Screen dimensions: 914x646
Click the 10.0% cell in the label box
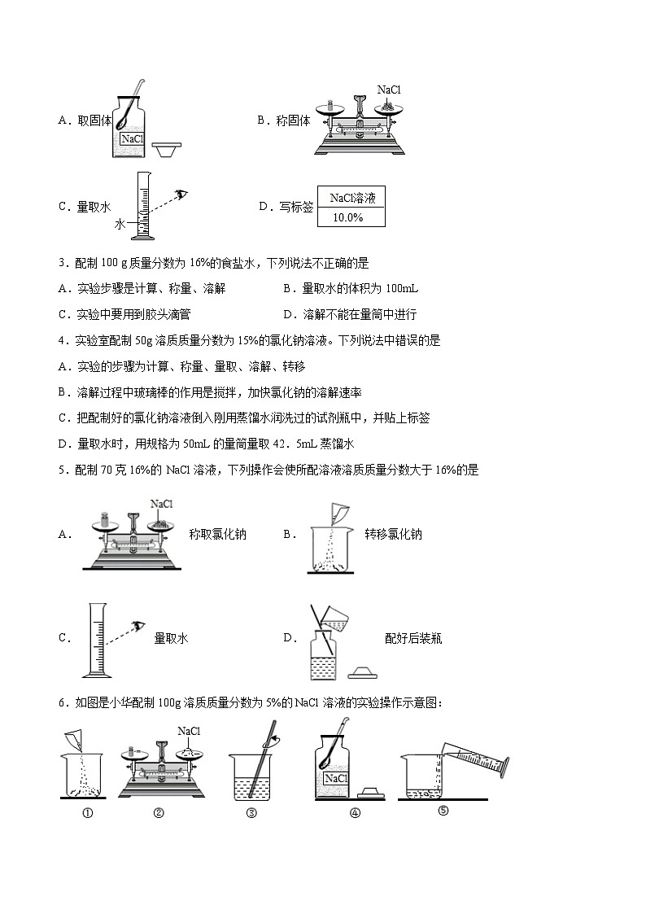pyautogui.click(x=348, y=218)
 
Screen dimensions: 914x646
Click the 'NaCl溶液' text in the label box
pyautogui.click(x=352, y=198)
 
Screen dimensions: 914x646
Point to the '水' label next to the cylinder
pyautogui.click(x=120, y=223)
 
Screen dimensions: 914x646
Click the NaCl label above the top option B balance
pyautogui.click(x=389, y=90)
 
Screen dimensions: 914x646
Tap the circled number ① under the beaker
pyautogui.click(x=86, y=811)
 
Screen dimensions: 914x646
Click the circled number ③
pyautogui.click(x=251, y=811)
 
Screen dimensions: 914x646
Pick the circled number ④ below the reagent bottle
pyautogui.click(x=354, y=811)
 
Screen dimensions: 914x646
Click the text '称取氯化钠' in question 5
pyautogui.click(x=217, y=535)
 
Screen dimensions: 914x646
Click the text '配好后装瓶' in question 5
pyautogui.click(x=412, y=639)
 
